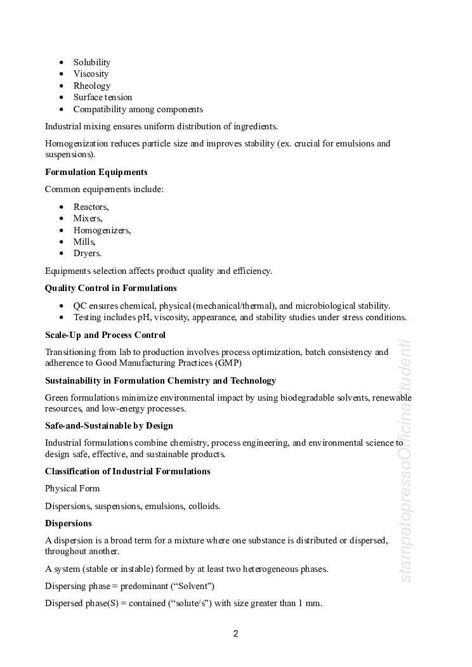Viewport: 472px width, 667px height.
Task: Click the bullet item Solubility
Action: pos(92,62)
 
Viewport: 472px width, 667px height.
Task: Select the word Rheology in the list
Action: pos(92,86)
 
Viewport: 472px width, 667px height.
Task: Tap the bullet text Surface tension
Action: pos(103,97)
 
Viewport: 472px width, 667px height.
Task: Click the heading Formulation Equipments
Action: pos(96,172)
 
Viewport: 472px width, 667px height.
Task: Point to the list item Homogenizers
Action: pos(102,230)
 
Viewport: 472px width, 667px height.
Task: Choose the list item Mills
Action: pos(84,242)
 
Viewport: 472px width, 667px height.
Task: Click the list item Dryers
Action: pos(88,253)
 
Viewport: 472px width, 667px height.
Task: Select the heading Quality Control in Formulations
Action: pos(111,288)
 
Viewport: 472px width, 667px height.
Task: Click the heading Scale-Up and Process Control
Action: pos(105,335)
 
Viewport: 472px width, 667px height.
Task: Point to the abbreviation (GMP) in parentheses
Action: pos(228,363)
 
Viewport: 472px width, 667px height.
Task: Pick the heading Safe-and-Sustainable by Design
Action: pos(109,425)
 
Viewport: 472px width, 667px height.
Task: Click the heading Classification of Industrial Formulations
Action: pos(128,471)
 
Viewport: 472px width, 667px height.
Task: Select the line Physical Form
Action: pos(72,488)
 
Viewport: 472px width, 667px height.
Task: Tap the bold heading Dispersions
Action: pos(69,523)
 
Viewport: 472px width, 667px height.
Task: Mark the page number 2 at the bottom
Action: pos(236,633)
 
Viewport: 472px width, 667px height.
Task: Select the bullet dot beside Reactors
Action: pos(62,207)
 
